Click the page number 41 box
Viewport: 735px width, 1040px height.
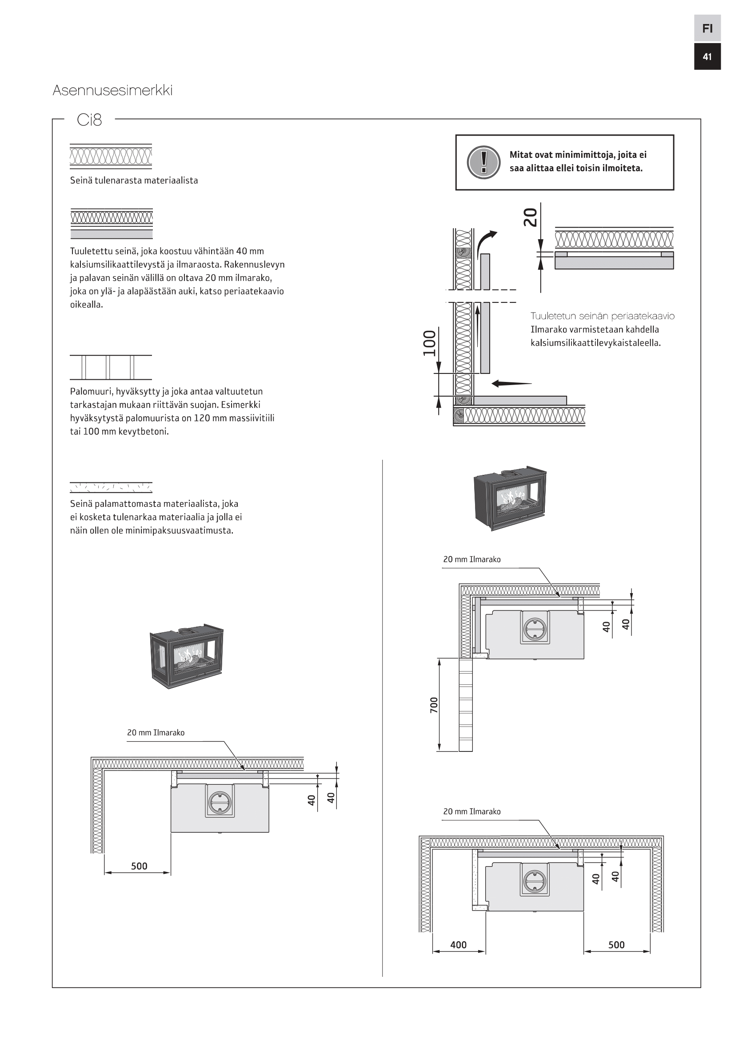point(707,56)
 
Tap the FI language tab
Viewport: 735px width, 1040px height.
point(707,28)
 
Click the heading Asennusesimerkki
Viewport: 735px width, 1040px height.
point(112,90)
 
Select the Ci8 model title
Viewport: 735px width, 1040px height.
point(89,120)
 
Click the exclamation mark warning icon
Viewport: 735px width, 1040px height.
point(483,162)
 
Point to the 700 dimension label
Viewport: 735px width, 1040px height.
point(434,705)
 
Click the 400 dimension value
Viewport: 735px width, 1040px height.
point(458,944)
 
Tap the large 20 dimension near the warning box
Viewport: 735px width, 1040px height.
point(530,217)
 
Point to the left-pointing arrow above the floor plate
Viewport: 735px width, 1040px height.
point(511,384)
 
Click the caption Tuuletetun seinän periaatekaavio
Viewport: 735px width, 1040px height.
point(603,316)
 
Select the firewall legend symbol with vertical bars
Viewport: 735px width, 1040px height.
point(111,367)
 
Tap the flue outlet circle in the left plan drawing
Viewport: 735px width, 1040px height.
point(220,803)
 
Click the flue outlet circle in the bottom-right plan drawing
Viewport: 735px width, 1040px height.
point(535,881)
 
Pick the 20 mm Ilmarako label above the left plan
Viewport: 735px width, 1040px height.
point(156,732)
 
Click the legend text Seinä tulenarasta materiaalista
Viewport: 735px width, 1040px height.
point(134,180)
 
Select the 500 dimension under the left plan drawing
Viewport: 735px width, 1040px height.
point(139,866)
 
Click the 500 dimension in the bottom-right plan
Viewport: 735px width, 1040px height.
point(616,944)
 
